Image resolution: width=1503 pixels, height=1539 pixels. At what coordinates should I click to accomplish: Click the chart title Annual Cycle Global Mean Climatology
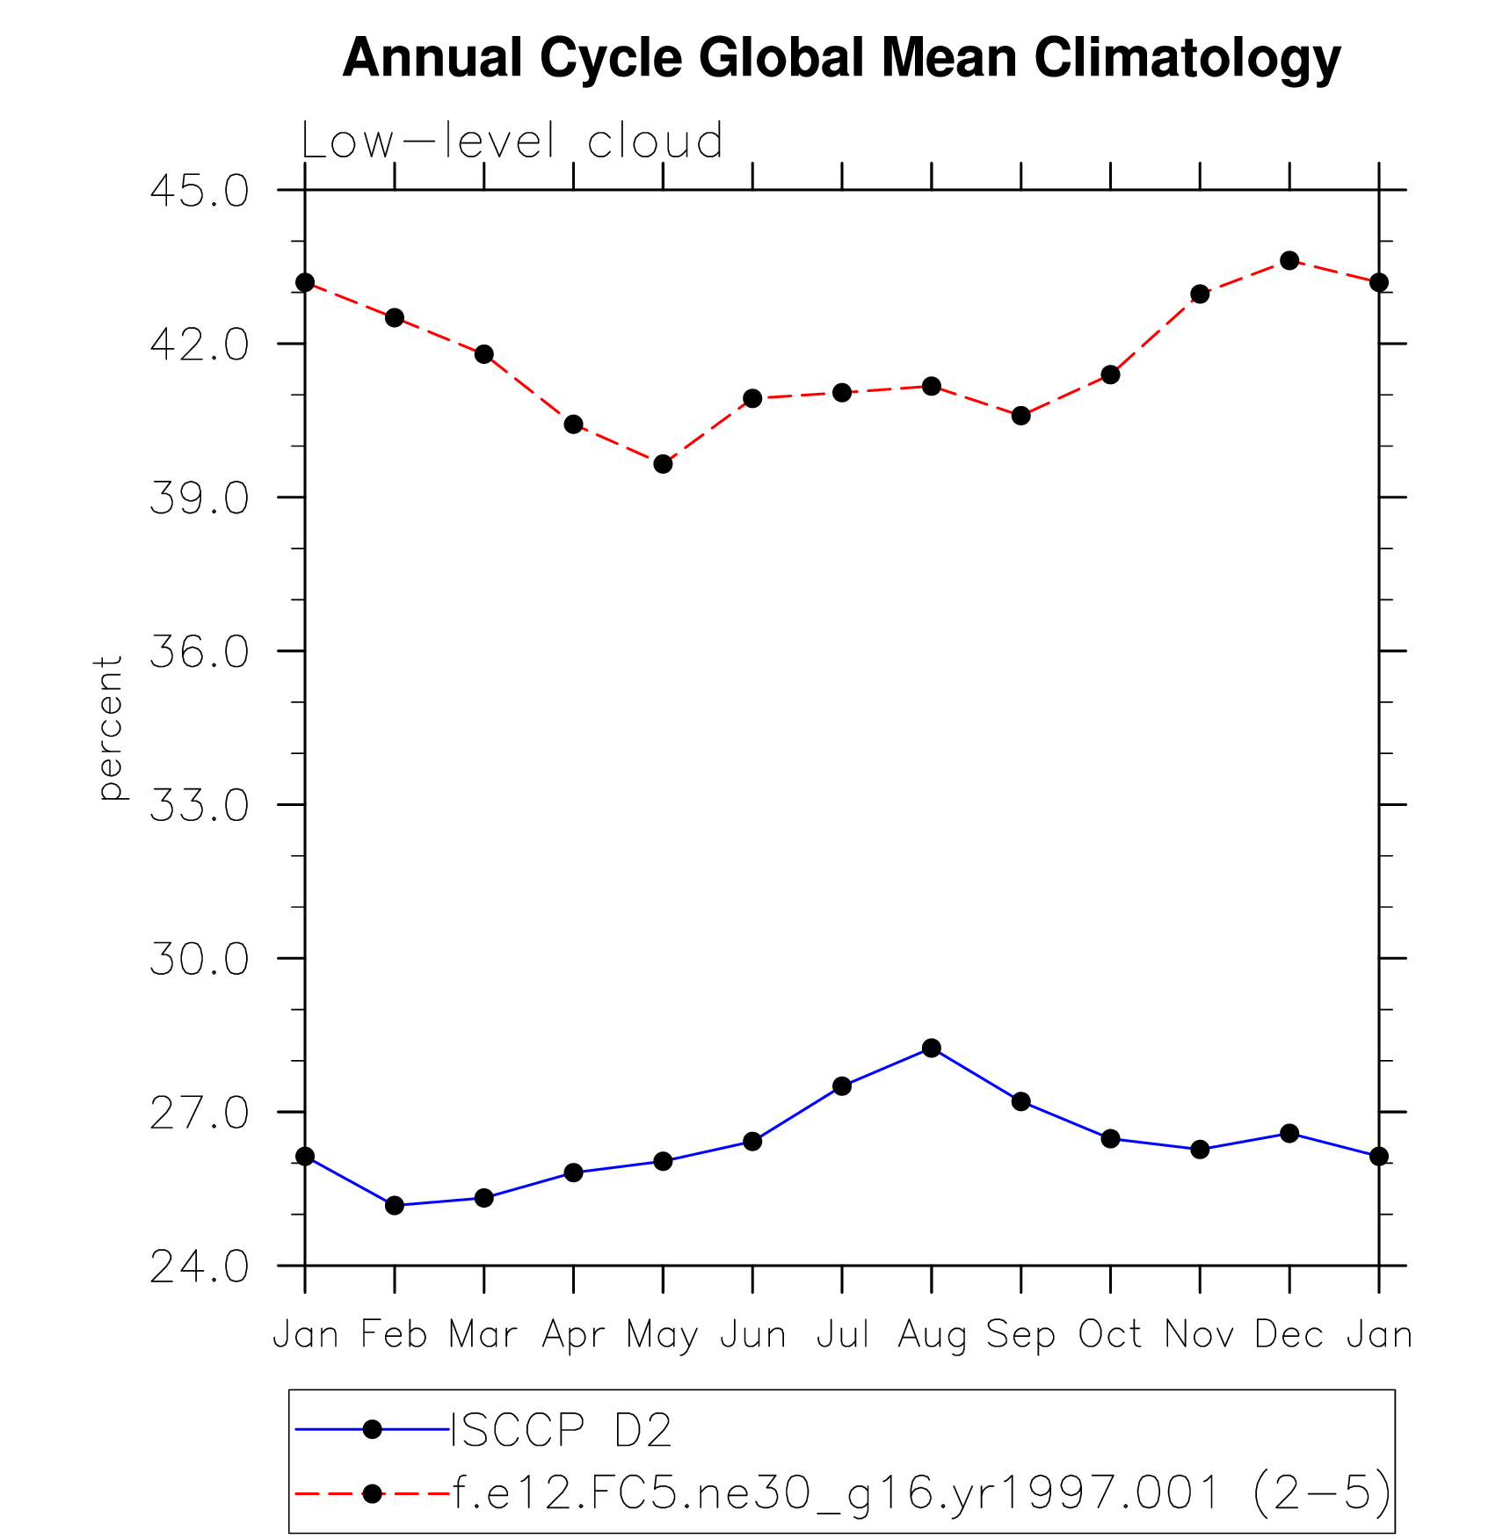pyautogui.click(x=841, y=58)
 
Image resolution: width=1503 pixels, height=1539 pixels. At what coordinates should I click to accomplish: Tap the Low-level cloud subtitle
pyautogui.click(x=512, y=141)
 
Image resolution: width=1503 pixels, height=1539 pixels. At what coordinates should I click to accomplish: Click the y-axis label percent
pyautogui.click(x=109, y=728)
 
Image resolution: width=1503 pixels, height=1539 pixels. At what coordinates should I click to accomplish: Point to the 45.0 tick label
pyautogui.click(x=200, y=191)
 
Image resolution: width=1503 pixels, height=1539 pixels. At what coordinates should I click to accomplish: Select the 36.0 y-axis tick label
pyautogui.click(x=200, y=652)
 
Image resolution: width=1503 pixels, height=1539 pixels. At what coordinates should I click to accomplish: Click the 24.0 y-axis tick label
pyautogui.click(x=200, y=1267)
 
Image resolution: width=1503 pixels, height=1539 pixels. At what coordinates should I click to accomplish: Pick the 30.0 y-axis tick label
pyautogui.click(x=200, y=960)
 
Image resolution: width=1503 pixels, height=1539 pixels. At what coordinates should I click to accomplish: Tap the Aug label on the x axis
pyautogui.click(x=932, y=1335)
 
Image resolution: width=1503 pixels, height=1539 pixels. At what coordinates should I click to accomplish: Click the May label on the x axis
pyautogui.click(x=662, y=1335)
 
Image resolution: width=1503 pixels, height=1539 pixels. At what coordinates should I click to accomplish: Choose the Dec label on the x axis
pyautogui.click(x=1289, y=1335)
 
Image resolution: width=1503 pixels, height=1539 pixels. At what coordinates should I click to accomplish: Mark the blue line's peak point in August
pyautogui.click(x=932, y=1048)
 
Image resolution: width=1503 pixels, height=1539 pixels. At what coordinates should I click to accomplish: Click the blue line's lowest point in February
pyautogui.click(x=395, y=1205)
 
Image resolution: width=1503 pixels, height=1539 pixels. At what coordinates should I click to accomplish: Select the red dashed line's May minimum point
pyautogui.click(x=663, y=463)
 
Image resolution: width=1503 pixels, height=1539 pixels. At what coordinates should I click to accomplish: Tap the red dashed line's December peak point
pyautogui.click(x=1289, y=260)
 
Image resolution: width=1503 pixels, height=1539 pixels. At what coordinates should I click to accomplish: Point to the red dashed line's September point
pyautogui.click(x=1020, y=415)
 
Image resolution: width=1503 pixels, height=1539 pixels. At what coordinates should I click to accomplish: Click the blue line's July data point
pyautogui.click(x=842, y=1086)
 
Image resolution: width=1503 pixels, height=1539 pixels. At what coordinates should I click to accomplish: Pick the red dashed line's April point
pyautogui.click(x=573, y=424)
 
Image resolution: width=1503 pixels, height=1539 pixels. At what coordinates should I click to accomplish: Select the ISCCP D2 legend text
pyautogui.click(x=562, y=1430)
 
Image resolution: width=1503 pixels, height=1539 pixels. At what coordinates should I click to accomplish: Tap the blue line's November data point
pyautogui.click(x=1200, y=1149)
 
